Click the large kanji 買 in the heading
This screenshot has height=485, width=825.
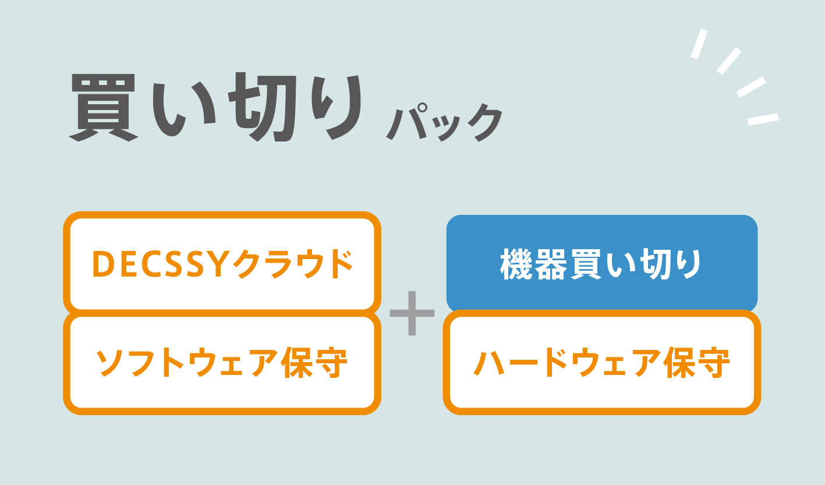(104, 108)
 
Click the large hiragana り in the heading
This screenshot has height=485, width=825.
(337, 107)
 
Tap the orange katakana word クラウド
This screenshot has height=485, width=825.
(293, 264)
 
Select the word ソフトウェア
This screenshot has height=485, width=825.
(186, 363)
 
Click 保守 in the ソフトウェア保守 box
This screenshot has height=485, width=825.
(314, 363)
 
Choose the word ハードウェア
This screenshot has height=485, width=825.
(566, 363)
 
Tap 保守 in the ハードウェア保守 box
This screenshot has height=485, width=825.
(696, 363)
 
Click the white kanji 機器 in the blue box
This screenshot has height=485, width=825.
(534, 264)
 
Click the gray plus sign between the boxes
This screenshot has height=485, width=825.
(412, 313)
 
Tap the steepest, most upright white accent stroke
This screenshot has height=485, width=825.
(699, 44)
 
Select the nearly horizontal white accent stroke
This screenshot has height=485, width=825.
(763, 119)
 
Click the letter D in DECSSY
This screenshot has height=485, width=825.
(104, 264)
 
